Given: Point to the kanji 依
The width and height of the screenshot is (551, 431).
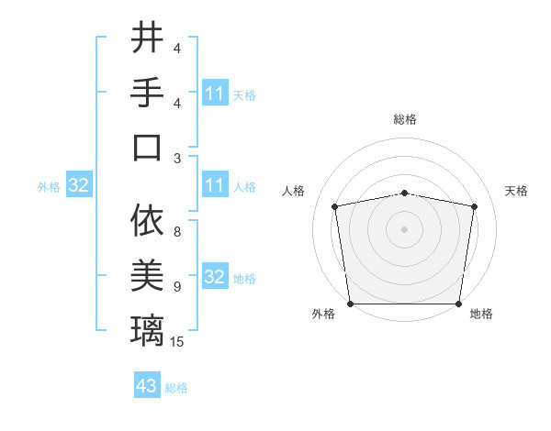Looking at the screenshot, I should tap(148, 221).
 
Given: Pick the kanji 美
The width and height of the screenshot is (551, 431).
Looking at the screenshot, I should tap(148, 275).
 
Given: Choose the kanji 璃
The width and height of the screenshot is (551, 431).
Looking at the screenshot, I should tap(148, 329).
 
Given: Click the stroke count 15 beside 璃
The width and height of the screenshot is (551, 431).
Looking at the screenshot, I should tap(177, 342).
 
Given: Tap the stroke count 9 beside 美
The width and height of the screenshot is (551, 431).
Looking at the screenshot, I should tap(176, 287).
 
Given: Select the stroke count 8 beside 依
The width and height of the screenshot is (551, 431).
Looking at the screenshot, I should tap(176, 233).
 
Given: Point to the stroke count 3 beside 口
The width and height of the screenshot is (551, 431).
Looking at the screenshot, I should tap(176, 158).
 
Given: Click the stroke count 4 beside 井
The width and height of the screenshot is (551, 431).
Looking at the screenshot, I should tap(176, 50).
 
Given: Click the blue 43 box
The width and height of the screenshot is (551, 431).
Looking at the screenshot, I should tap(147, 386).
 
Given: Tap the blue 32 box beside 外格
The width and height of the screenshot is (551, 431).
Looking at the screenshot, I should tap(79, 186).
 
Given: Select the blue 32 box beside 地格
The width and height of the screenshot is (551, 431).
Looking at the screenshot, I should tap(215, 278).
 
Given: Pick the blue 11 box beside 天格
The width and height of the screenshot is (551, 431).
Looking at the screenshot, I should tap(215, 94).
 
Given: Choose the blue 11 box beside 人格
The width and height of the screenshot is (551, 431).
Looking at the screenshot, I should tap(215, 186).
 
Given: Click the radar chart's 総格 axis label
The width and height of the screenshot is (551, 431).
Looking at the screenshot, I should tap(404, 119).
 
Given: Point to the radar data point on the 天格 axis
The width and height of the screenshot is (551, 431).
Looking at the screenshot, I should tap(474, 206).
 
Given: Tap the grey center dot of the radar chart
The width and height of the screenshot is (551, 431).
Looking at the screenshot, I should tap(404, 229).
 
